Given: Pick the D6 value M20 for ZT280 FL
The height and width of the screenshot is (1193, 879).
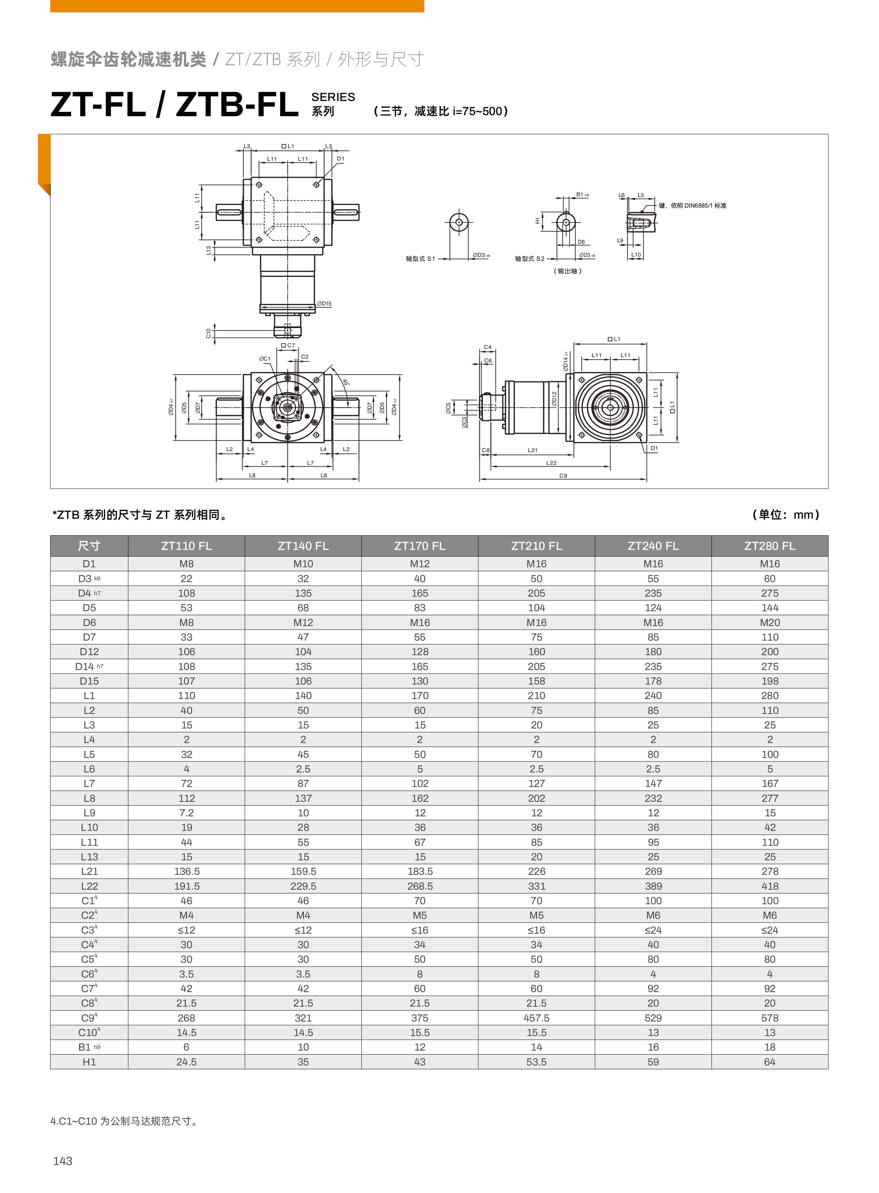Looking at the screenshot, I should [x=770, y=623].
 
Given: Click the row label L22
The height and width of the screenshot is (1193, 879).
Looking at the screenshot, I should [x=89, y=886].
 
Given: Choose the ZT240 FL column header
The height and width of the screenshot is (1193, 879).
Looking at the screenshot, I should [x=653, y=546].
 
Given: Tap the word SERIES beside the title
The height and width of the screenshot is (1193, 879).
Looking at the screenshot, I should [x=333, y=97].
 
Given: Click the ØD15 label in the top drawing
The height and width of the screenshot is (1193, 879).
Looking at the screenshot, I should [x=324, y=304].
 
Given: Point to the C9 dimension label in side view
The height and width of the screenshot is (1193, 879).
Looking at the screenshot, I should [x=563, y=476].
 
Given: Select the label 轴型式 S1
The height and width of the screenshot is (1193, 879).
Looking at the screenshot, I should [x=420, y=259].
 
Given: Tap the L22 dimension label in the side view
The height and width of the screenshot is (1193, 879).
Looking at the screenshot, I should [x=551, y=463].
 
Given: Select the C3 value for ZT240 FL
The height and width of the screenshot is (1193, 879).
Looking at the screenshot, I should [x=653, y=930].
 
